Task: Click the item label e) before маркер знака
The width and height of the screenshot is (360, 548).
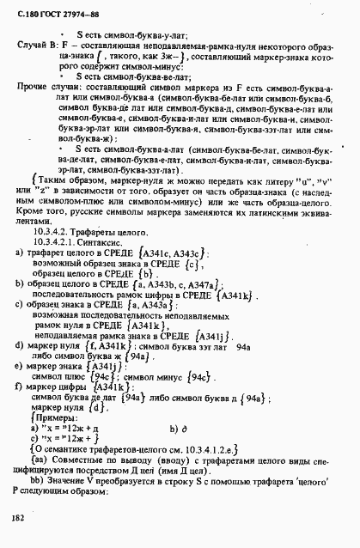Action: (19, 368)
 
